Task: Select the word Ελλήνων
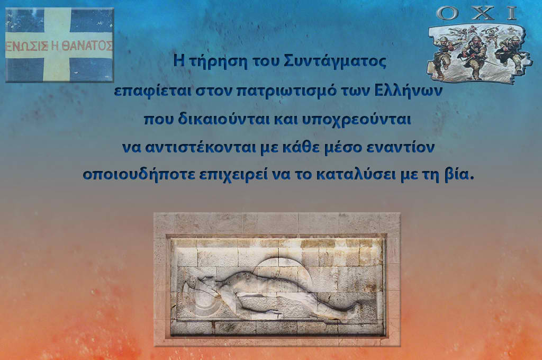pyautogui.click(x=408, y=91)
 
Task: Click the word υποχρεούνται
pyautogui.click(x=356, y=120)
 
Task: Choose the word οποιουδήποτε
pyautogui.click(x=139, y=174)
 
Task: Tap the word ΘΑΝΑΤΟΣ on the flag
pyautogui.click(x=92, y=46)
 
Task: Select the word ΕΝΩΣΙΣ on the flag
pyautogui.click(x=27, y=46)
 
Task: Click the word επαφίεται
pyautogui.click(x=152, y=91)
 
